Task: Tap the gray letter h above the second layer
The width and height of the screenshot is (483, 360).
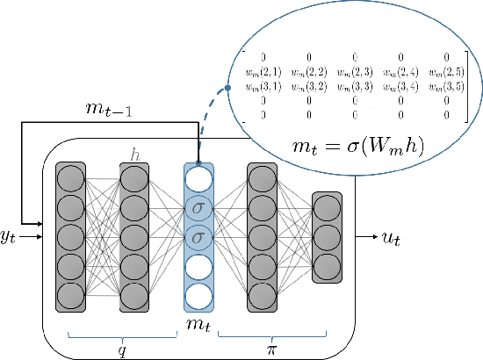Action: tap(134, 155)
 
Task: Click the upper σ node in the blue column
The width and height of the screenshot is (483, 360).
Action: tap(198, 209)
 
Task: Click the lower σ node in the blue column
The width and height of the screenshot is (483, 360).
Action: tap(198, 237)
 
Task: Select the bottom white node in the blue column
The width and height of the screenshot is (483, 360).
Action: tap(198, 293)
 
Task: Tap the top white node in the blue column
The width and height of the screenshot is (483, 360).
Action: tap(198, 180)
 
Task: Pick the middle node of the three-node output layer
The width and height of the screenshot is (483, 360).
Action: tap(327, 237)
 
